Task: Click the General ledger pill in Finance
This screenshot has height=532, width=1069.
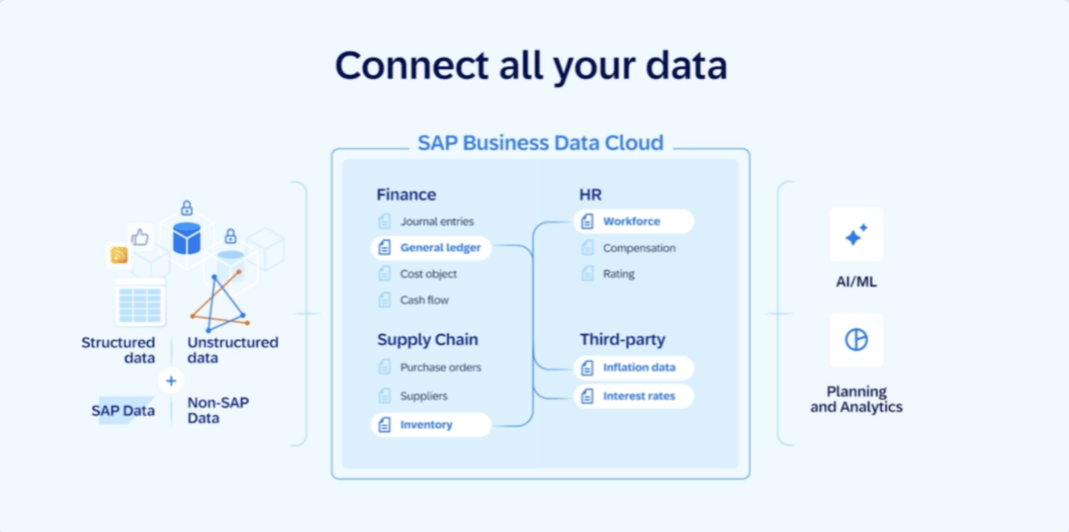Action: pyautogui.click(x=431, y=248)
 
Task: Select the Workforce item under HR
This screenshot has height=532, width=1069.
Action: pyautogui.click(x=633, y=222)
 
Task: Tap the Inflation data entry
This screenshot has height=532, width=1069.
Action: pyautogui.click(x=633, y=368)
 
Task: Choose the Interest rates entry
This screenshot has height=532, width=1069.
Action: pyautogui.click(x=633, y=396)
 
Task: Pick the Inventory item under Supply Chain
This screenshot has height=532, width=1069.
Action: pyautogui.click(x=431, y=425)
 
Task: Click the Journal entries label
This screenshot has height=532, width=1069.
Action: pyautogui.click(x=437, y=222)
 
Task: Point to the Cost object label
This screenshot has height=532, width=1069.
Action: pyautogui.click(x=429, y=274)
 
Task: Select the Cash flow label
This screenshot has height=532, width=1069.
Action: pyautogui.click(x=425, y=300)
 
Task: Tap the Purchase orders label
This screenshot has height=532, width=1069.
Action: pyautogui.click(x=442, y=368)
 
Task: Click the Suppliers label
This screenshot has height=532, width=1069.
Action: pyautogui.click(x=424, y=396)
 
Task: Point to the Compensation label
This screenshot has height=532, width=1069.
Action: pyautogui.click(x=639, y=248)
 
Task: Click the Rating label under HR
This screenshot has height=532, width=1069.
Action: pyautogui.click(x=619, y=274)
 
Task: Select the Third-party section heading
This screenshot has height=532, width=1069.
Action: pyautogui.click(x=622, y=340)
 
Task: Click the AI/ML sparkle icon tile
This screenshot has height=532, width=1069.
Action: pyautogui.click(x=856, y=235)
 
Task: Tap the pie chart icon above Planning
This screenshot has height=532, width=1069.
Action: pyautogui.click(x=856, y=340)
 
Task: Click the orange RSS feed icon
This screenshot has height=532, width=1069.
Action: pyautogui.click(x=119, y=256)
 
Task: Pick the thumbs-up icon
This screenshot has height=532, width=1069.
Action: pyautogui.click(x=140, y=237)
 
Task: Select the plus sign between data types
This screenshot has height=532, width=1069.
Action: pyautogui.click(x=171, y=381)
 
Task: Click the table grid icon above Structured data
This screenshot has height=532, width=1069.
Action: pyautogui.click(x=140, y=303)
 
